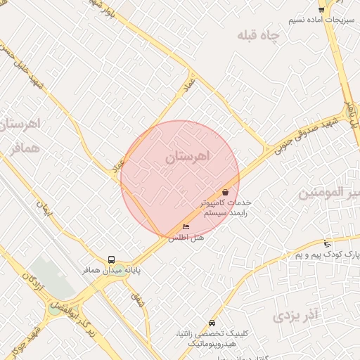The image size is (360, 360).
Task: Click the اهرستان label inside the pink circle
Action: pos(188,157)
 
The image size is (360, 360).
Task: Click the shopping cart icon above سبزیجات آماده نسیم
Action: pos(321,8)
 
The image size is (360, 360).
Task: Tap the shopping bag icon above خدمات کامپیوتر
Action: pos(225,192)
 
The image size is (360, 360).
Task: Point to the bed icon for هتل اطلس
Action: pos(186,226)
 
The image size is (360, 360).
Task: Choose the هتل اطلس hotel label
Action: pos(186,238)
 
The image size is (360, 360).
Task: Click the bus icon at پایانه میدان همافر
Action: pos(111,259)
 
